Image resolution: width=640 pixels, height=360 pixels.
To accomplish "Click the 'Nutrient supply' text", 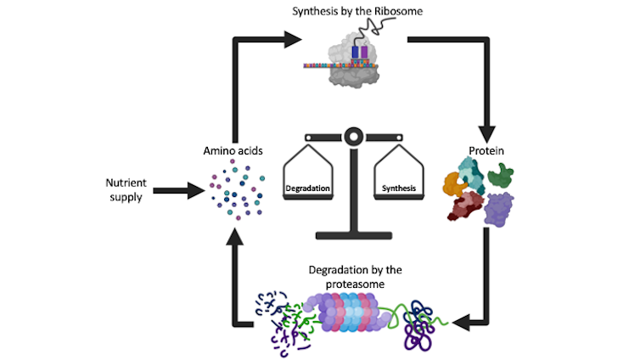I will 126,189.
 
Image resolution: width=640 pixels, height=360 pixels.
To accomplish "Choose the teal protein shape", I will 472,172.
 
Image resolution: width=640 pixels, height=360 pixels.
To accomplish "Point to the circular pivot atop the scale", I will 352,134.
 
